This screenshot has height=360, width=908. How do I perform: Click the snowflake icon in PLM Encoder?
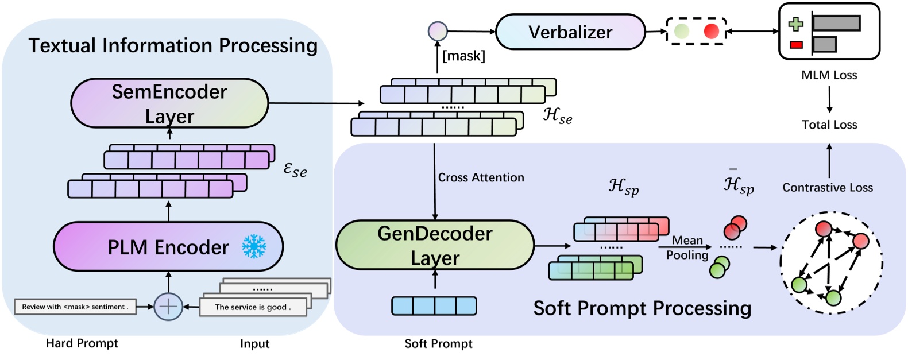254,246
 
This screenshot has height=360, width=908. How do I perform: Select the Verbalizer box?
570,32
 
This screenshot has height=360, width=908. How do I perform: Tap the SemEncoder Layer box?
169,103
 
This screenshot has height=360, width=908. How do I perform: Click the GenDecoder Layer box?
435,245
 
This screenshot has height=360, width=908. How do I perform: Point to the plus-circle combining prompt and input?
168,306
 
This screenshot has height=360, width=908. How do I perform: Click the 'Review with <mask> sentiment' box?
75,307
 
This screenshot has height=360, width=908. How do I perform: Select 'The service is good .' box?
253,307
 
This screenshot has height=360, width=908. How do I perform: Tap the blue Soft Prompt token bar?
434,306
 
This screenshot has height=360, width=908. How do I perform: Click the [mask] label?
463,56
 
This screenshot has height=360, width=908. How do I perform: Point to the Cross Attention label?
481,177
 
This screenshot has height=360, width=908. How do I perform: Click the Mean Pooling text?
687,247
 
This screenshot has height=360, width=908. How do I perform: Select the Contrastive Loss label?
827,187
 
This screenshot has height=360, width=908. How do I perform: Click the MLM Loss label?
829,75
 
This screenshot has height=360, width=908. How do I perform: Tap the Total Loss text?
829,125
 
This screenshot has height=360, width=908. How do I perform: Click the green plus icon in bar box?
796,24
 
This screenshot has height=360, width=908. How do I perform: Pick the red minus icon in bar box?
796,45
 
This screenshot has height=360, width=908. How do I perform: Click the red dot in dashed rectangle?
711,31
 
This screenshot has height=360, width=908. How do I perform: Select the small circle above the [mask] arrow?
438,31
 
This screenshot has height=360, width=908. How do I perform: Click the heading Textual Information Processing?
173,45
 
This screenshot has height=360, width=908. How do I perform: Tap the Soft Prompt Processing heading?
642,308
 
